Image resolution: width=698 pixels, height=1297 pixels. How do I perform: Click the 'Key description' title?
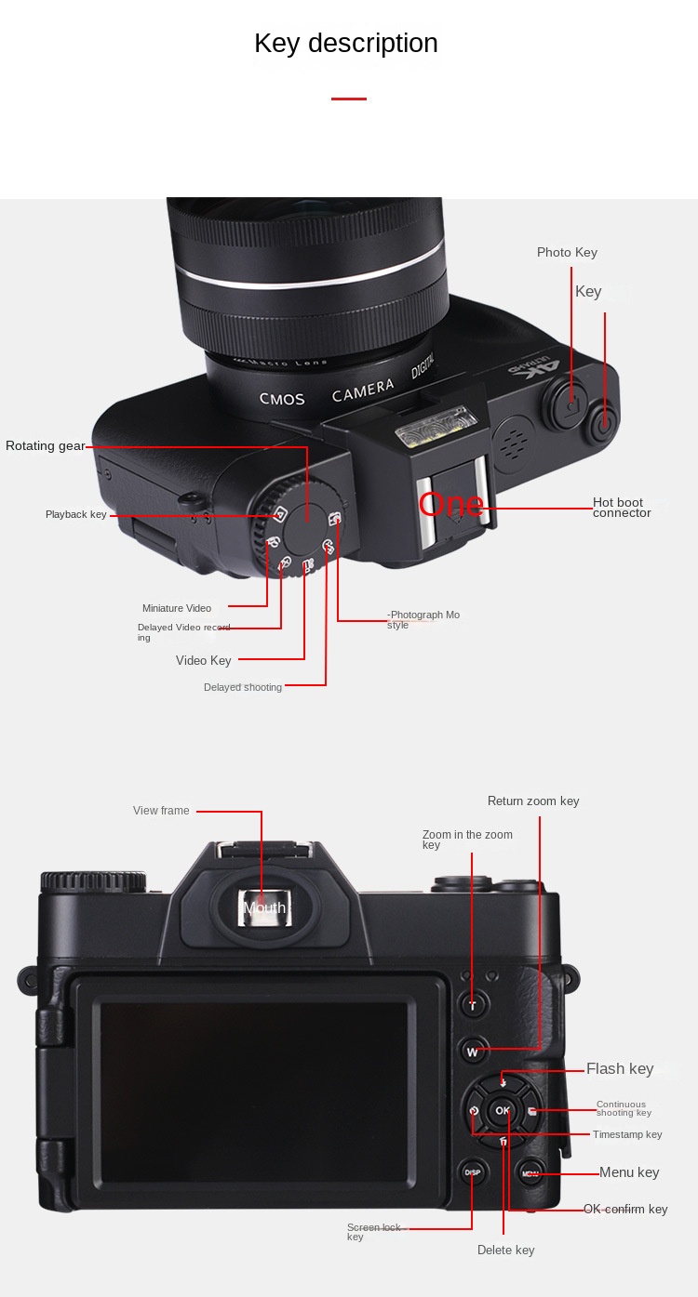pos(345,44)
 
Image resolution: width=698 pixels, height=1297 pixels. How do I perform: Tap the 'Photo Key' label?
pos(567,253)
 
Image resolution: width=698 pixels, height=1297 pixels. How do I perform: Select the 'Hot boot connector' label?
pos(622,508)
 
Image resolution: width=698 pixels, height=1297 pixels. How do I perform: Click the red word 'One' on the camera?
pos(451,505)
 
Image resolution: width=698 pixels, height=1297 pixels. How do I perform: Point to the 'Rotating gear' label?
pos(45,446)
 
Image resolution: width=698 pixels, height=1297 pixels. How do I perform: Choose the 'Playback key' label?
pos(76,515)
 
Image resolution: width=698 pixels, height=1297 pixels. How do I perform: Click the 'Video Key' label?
pos(203,661)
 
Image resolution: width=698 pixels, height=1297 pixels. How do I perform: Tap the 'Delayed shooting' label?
pos(242,688)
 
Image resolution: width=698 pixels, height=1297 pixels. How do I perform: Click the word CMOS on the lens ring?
pos(282,399)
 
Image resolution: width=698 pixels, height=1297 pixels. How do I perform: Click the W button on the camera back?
pos(473,1052)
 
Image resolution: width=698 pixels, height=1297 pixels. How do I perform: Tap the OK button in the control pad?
pos(503,1110)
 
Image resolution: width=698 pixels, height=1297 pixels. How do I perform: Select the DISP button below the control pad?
pos(472,1172)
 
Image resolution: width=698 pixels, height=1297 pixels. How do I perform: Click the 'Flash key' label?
pos(620,1069)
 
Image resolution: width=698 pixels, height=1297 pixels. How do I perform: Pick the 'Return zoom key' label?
pos(533,801)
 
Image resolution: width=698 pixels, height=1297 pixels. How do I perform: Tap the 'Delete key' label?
pos(505,1251)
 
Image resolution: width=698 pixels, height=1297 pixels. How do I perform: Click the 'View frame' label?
pos(161,811)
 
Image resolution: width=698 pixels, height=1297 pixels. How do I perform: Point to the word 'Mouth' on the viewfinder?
pos(264,908)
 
